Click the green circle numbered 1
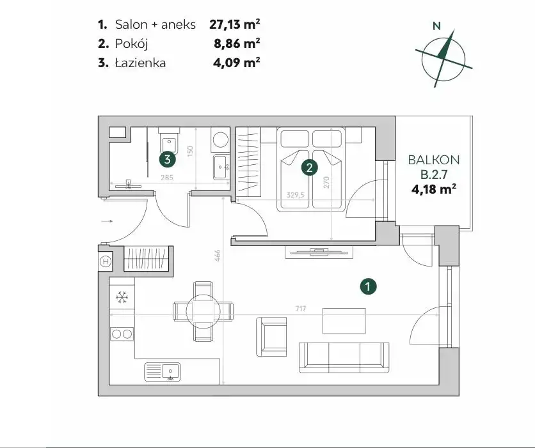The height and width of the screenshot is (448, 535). (x=368, y=286)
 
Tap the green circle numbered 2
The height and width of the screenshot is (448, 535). (x=310, y=167)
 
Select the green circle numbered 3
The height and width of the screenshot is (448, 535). (x=168, y=158)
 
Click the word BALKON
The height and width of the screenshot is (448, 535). (x=434, y=160)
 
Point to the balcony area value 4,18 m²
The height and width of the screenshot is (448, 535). (x=434, y=189)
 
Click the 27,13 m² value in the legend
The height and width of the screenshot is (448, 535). (x=234, y=24)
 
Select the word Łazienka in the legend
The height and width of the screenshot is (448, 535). (x=140, y=63)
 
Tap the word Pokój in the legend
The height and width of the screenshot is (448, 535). (x=131, y=43)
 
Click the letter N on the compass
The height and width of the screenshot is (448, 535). (x=436, y=26)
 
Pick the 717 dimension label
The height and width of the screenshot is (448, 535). (x=301, y=309)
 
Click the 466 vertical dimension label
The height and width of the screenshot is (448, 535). (x=218, y=256)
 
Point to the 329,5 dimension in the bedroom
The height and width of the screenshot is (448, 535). (x=295, y=195)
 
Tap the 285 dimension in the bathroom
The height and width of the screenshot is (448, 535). (x=167, y=178)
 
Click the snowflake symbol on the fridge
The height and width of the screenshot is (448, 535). (x=122, y=297)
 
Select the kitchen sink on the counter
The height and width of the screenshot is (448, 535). (x=163, y=372)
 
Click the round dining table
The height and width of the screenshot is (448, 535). (x=203, y=311)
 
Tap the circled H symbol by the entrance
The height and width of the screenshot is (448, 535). (x=106, y=261)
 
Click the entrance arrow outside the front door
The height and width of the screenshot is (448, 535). (x=107, y=222)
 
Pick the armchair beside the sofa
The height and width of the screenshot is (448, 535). (x=271, y=337)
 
